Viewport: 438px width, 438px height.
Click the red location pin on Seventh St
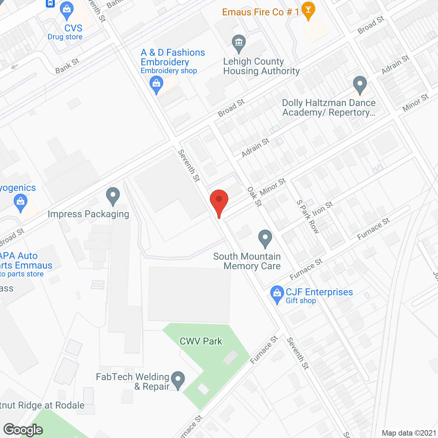click(219, 201)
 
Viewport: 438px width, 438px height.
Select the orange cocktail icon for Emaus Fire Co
click(308, 10)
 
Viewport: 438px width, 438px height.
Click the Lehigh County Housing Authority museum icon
click(239, 43)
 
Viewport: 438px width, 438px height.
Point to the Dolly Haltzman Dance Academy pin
click(360, 84)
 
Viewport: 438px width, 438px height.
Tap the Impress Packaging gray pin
click(113, 196)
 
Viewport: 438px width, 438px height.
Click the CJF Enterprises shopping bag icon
click(277, 294)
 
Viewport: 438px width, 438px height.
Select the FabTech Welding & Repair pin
click(178, 380)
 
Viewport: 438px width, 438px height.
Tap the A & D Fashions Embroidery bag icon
click(156, 84)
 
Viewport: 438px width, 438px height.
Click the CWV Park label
click(201, 341)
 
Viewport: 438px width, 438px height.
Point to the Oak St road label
click(254, 196)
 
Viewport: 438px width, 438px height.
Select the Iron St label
click(322, 208)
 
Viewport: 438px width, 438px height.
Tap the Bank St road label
click(67, 66)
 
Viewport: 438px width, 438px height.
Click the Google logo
click(23, 430)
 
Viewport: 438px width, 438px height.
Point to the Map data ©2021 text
click(409, 433)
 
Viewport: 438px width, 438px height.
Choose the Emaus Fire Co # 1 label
click(261, 12)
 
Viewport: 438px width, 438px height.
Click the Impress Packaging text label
click(88, 214)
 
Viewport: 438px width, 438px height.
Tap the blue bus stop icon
click(50, 3)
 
